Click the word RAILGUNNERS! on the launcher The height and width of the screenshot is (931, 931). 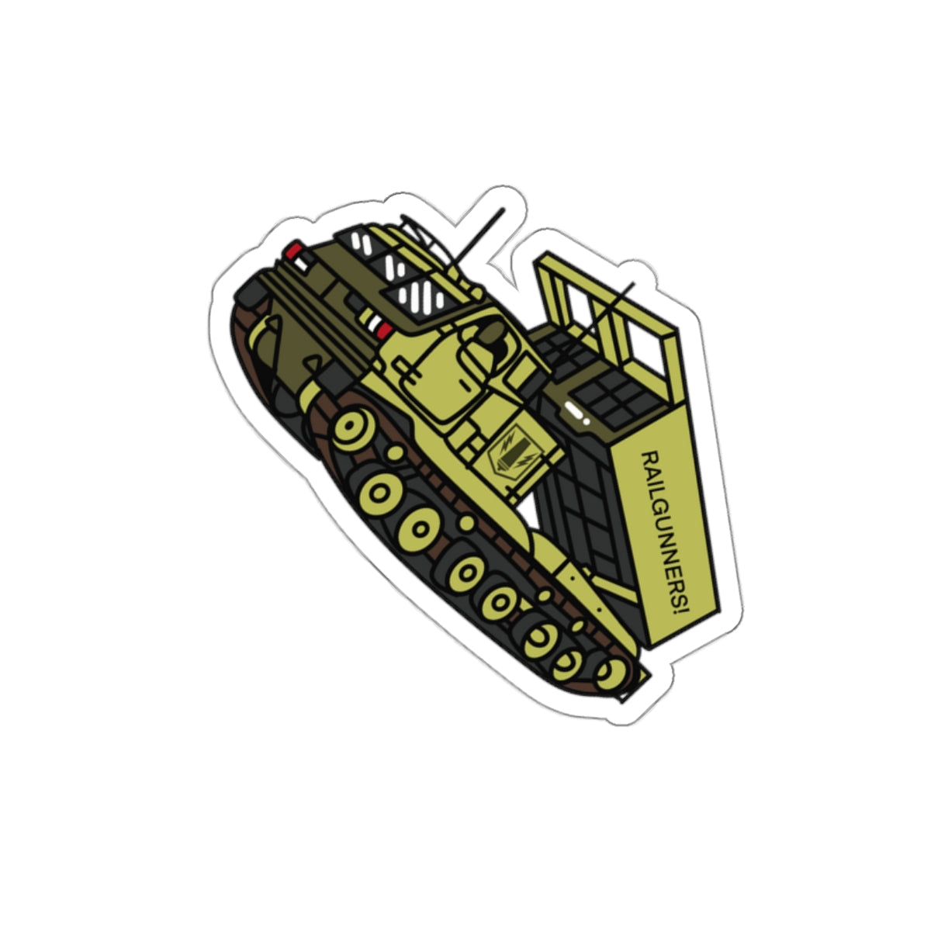click(x=665, y=534)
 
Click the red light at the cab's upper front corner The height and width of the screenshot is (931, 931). click(x=294, y=251)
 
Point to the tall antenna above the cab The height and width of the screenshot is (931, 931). click(x=479, y=237)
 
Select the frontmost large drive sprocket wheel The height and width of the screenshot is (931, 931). click(x=354, y=430)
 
